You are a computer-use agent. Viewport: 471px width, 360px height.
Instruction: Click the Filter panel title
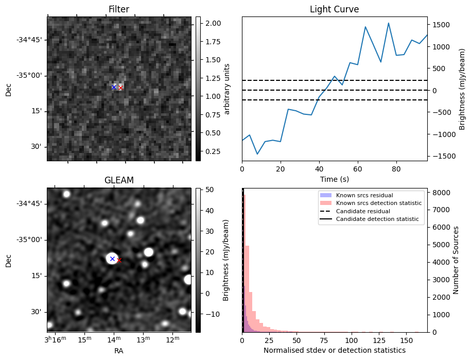coord(119,9)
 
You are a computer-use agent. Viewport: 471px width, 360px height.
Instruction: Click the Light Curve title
coord(334,9)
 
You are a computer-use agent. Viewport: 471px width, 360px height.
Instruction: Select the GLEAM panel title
coord(119,180)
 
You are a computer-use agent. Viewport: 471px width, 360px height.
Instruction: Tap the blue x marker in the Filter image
coord(114,87)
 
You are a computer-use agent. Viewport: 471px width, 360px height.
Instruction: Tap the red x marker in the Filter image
coord(120,88)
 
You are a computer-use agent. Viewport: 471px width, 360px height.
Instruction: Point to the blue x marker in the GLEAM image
coord(112,259)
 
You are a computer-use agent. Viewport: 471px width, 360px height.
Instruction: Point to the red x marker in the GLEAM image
coord(119,261)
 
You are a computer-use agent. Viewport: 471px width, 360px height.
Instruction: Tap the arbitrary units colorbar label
coord(227,89)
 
